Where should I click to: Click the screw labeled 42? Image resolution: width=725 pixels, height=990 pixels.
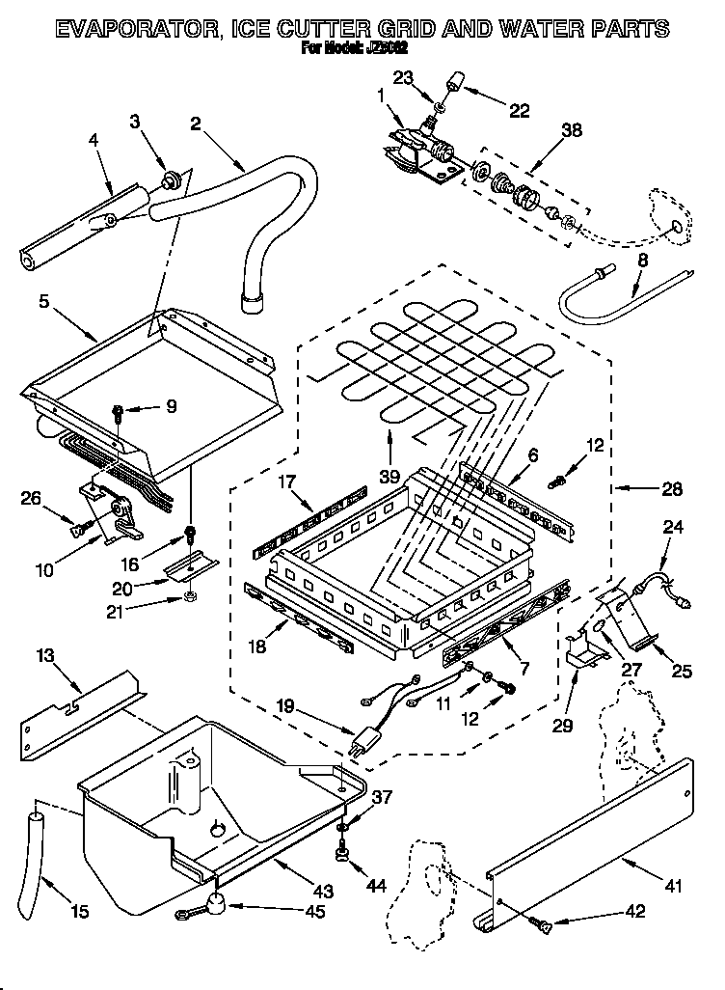[544, 927]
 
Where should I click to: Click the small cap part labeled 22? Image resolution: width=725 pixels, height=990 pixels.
[453, 86]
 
